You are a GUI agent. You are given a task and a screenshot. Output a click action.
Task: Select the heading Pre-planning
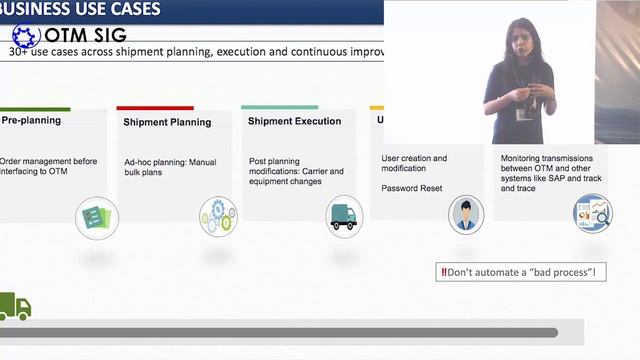point(31,120)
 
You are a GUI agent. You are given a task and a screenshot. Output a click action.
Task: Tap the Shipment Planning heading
point(167,122)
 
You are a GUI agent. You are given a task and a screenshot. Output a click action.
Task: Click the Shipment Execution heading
point(294,121)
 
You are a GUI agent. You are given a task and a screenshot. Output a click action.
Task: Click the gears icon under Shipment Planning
point(218,215)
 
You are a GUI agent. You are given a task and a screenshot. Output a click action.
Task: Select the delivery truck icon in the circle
point(343,216)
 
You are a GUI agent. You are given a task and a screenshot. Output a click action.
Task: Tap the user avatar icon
point(465,214)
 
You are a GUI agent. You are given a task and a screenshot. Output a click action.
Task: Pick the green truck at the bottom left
point(15,307)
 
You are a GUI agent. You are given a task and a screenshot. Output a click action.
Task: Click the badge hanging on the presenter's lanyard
point(521,115)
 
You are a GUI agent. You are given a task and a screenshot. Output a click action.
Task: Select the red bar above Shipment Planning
point(155,108)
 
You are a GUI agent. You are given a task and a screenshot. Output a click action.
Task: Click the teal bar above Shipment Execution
point(279,107)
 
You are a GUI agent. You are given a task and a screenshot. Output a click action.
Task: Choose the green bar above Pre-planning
point(35,108)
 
